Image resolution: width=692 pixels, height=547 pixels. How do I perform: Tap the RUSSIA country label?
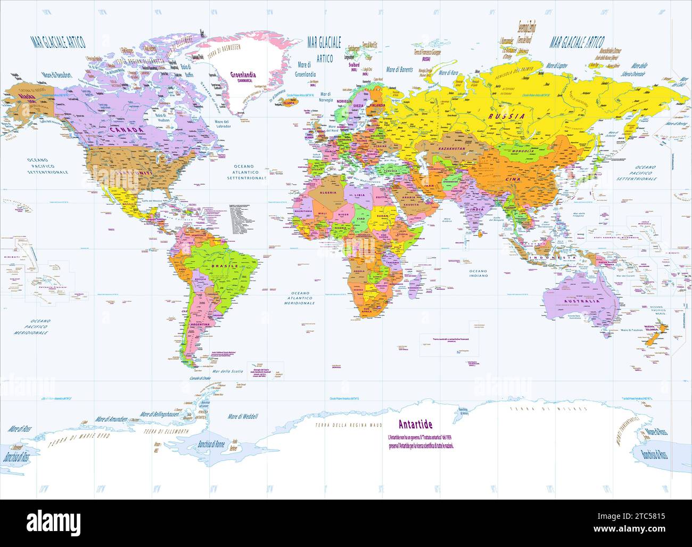(507, 116)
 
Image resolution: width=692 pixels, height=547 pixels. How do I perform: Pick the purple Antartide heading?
(415, 424)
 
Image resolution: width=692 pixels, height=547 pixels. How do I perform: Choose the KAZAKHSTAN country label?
(449, 148)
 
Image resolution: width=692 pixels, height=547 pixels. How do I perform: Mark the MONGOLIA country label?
(522, 151)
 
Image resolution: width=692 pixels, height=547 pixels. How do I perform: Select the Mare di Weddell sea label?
(243, 416)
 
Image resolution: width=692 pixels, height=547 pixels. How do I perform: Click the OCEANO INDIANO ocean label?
(478, 273)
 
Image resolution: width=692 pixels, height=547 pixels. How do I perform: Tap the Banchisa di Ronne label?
(211, 444)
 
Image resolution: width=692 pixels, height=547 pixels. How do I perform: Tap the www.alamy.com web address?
(644, 529)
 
